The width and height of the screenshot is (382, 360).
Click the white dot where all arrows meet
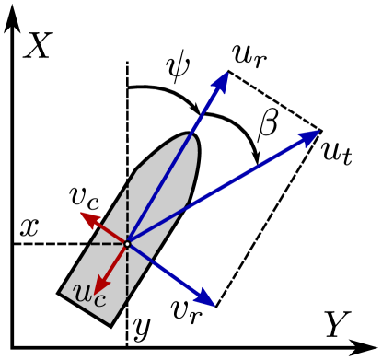127,243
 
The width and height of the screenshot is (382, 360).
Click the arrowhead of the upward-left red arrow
89,217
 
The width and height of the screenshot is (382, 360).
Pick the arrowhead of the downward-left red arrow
100,285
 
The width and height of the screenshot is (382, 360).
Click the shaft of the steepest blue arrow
175,162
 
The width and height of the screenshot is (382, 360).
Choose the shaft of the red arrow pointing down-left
115,262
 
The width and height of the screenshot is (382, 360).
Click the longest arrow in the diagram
221,188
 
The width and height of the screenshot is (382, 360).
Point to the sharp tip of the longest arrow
320,131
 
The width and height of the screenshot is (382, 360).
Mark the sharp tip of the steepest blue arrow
228,72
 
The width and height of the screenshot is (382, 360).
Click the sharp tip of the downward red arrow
95,296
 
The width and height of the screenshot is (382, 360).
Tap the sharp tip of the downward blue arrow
215,306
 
